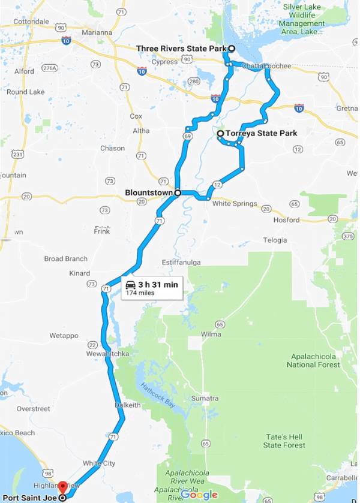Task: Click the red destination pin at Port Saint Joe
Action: pyautogui.click(x=63, y=487)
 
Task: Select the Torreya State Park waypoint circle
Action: pyautogui.click(x=221, y=133)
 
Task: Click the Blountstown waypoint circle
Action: pyautogui.click(x=178, y=192)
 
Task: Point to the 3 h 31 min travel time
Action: pyautogui.click(x=158, y=284)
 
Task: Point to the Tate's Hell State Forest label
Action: pyautogui.click(x=284, y=441)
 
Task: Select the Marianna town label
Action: pyautogui.click(x=98, y=32)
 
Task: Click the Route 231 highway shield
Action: pyautogui.click(x=17, y=154)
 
